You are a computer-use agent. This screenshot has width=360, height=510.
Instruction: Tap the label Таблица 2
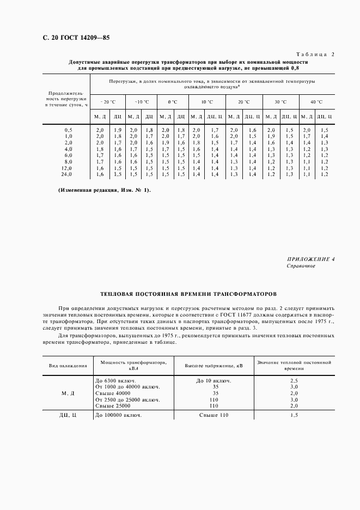pyautogui.click(x=315, y=54)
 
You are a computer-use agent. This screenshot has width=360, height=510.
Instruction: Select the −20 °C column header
pyautogui.click(x=108, y=102)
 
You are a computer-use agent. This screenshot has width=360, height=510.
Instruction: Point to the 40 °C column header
pyautogui.click(x=316, y=102)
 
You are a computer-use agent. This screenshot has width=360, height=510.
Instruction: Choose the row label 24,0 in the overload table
pyautogui.click(x=68, y=174)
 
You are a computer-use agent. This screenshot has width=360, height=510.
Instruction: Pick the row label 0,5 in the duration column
pyautogui.click(x=68, y=130)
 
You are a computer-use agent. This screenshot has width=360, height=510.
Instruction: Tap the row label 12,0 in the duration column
pyautogui.click(x=68, y=168)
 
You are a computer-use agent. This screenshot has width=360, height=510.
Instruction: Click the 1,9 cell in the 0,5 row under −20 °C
pyautogui.click(x=118, y=130)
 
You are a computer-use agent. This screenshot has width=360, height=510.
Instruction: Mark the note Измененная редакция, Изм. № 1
pyautogui.click(x=103, y=190)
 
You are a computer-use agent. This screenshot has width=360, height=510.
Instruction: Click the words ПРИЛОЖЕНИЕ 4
pyautogui.click(x=310, y=259)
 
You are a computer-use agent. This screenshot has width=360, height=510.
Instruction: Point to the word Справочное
pyautogui.click(x=301, y=266)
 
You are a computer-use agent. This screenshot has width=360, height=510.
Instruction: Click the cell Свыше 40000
pyautogui.click(x=113, y=393)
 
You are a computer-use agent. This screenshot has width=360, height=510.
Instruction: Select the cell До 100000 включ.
pyautogui.click(x=119, y=415)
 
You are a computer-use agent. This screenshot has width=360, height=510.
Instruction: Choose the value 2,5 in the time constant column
pyautogui.click(x=294, y=380)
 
